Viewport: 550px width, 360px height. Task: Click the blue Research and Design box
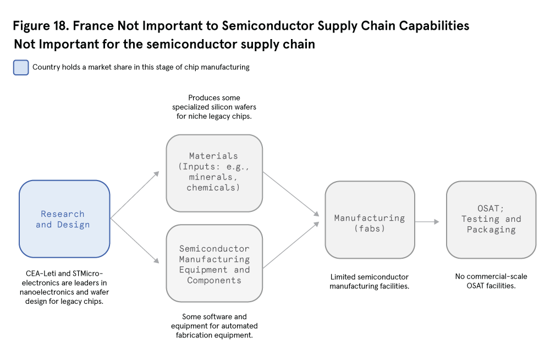64,219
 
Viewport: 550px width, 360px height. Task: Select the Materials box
214,173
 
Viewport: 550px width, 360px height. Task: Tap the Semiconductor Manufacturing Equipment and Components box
214,264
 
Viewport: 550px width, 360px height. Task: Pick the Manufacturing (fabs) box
370,220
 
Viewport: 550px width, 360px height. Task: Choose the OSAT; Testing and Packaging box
491,220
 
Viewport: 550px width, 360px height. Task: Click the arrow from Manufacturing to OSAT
427,221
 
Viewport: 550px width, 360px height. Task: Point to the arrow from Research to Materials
135,195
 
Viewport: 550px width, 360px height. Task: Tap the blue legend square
20,67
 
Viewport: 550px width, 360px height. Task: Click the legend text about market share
141,67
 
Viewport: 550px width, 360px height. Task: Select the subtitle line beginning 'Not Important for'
164,44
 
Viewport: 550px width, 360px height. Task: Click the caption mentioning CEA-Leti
65,286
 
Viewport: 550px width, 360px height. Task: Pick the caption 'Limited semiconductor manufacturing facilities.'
370,281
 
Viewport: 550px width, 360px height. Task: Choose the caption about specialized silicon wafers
214,107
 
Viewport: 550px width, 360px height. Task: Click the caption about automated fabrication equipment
214,326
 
